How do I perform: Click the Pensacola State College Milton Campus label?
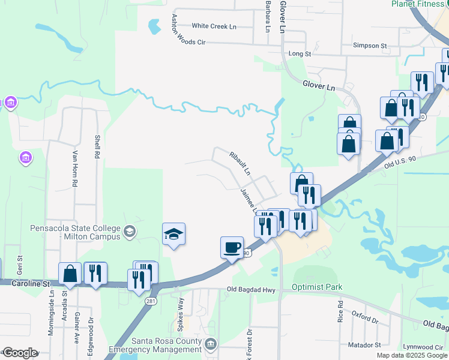75,232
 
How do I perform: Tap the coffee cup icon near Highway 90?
232,247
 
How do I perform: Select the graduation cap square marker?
173,234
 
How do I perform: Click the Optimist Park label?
317,287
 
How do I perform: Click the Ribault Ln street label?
240,163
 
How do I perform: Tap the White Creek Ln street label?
214,26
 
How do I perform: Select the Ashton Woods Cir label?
188,31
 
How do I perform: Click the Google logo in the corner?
20,352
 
